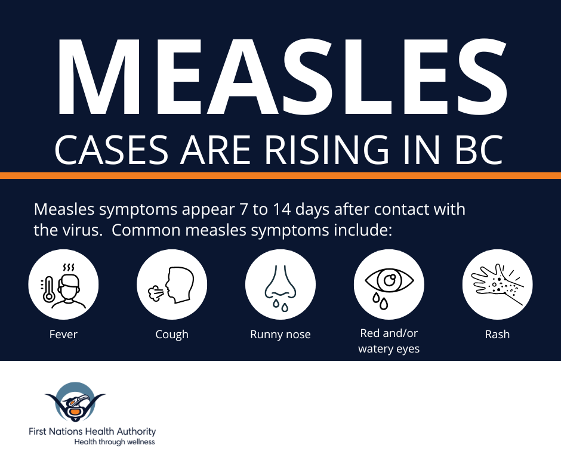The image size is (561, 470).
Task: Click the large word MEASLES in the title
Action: [x=282, y=76]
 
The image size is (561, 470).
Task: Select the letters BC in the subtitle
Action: [x=479, y=150]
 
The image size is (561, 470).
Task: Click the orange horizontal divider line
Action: [x=280, y=175]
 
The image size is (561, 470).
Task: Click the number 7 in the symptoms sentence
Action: [x=243, y=209]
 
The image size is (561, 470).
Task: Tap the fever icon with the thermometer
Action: [x=63, y=285]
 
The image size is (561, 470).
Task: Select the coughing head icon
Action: [x=172, y=285]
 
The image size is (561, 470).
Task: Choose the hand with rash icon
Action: [x=497, y=285]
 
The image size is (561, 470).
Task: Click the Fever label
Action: [x=63, y=334]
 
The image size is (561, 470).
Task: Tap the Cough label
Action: [x=172, y=335]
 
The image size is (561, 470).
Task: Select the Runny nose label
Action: [x=280, y=335]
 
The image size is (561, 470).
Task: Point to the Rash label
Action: [x=497, y=334]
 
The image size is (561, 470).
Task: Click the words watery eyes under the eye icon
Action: [x=389, y=349]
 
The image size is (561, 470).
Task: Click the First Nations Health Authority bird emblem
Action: [x=75, y=402]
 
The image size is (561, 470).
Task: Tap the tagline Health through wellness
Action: [x=115, y=442]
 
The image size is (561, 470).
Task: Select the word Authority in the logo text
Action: [x=137, y=432]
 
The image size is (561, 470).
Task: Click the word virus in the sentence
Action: [x=81, y=230]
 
